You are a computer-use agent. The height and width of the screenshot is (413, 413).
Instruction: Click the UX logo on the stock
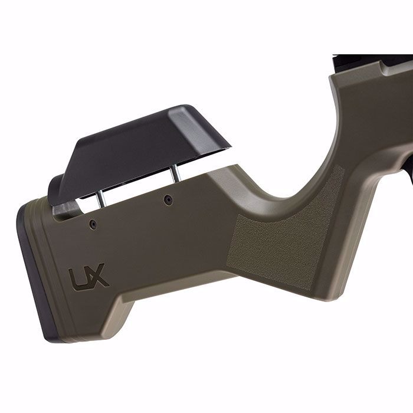click(x=88, y=276)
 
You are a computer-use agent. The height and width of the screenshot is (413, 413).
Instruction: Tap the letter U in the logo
click(x=78, y=277)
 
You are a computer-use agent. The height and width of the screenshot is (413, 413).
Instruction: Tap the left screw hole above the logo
click(x=93, y=224)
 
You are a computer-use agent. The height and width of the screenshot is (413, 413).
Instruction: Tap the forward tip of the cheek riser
click(x=228, y=145)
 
